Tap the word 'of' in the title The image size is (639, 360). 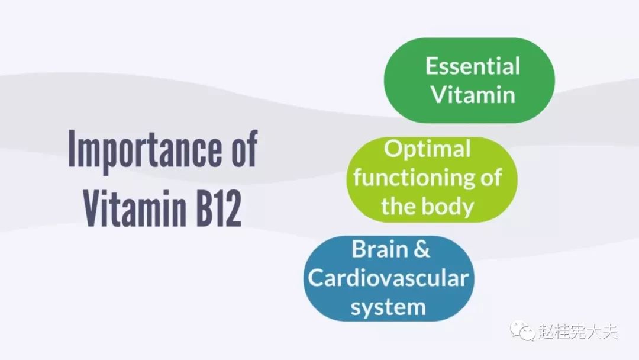(x=244, y=147)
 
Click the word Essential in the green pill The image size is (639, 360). (x=473, y=66)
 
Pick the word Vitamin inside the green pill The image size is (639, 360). (x=473, y=95)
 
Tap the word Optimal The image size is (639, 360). (x=427, y=150)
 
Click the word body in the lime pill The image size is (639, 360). (x=448, y=206)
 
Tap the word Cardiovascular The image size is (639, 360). (x=388, y=278)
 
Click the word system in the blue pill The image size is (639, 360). (x=388, y=307)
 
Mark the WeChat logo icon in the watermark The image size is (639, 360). (x=522, y=330)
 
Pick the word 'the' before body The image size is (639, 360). (x=398, y=206)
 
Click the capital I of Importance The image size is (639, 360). (x=72, y=149)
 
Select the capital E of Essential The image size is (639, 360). (x=431, y=66)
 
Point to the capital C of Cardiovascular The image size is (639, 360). (x=316, y=278)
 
